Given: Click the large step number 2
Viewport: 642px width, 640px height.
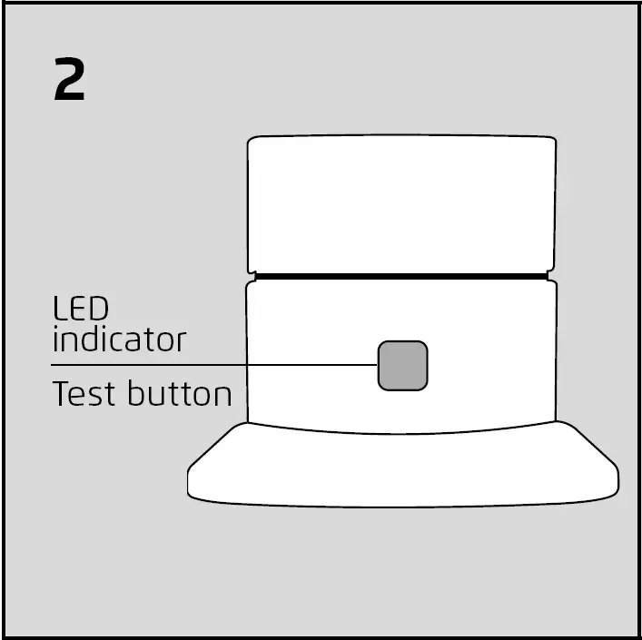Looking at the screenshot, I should pos(70,81).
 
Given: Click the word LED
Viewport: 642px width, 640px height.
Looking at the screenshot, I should pos(74,309).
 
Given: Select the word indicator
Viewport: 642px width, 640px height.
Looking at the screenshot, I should pos(118,340).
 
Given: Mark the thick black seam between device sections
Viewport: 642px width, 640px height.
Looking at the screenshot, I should pos(401,273).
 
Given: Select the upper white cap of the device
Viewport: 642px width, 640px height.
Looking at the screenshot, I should pos(401,204).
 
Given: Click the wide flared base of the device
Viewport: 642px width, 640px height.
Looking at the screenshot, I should pos(401,468).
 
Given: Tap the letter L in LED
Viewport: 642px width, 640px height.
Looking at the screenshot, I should pos(58,309).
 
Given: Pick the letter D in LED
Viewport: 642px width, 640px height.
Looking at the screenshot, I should pos(89,309).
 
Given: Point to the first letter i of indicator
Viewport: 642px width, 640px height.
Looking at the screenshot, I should pos(55,340).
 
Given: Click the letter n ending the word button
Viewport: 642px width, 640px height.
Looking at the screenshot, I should pos(223,397).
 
